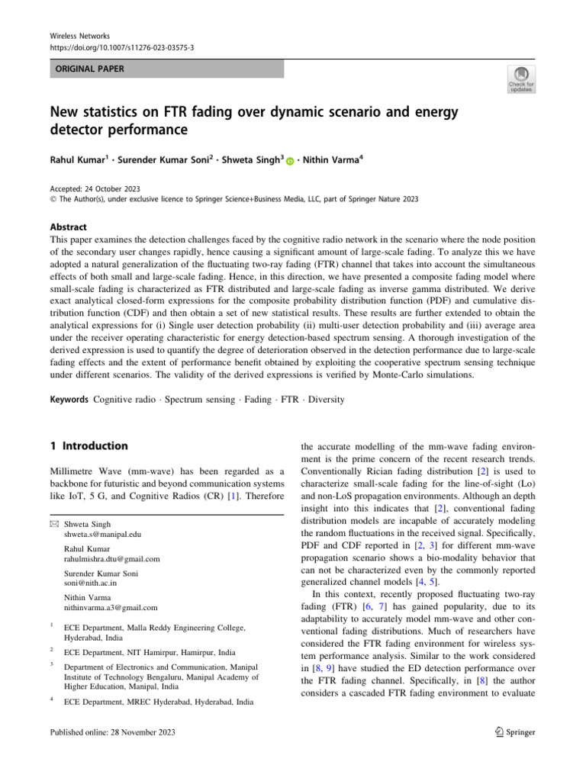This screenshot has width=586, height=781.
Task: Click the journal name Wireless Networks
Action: tap(80, 35)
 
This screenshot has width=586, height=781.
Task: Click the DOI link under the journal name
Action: tap(122, 47)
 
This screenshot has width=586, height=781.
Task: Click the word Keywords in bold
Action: tap(70, 399)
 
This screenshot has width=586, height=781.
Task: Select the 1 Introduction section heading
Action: tap(89, 445)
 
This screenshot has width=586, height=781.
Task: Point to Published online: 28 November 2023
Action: tap(113, 732)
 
